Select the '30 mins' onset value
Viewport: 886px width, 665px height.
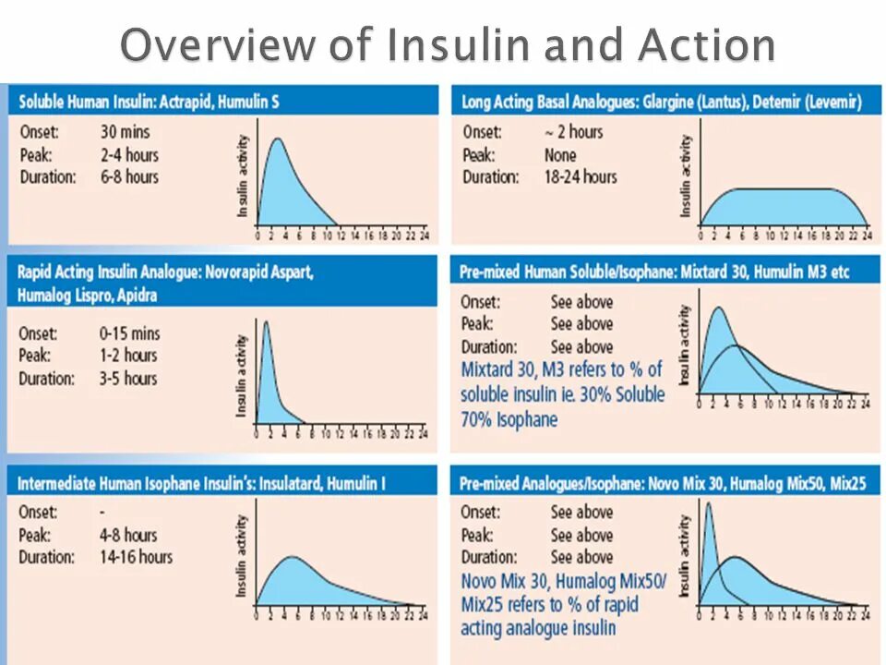[x=126, y=132]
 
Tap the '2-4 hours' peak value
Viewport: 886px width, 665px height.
[x=129, y=154]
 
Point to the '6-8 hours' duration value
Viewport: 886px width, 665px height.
[x=129, y=176]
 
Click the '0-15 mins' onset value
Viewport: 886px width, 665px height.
[x=130, y=333]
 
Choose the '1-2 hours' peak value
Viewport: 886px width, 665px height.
[x=128, y=356]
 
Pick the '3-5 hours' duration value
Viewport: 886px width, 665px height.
[x=128, y=378]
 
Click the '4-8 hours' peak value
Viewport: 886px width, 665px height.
[x=128, y=535]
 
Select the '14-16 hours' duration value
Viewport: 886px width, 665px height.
[x=136, y=557]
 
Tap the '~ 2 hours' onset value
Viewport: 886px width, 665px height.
[x=573, y=132]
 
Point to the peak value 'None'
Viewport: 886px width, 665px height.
[x=560, y=155]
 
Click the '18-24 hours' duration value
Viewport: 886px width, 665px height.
[x=581, y=176]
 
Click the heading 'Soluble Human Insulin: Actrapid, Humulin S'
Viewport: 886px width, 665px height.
[x=149, y=102]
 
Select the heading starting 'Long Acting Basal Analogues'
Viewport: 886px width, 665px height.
[x=660, y=102]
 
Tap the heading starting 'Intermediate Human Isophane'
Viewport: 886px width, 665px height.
[x=201, y=483]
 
